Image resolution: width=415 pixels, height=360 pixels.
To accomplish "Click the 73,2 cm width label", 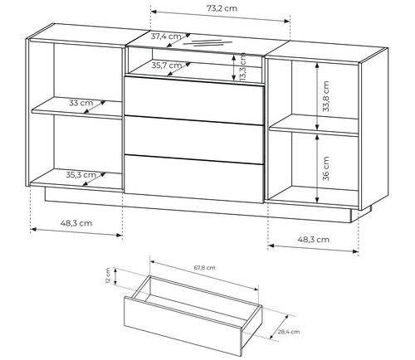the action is point(222,8).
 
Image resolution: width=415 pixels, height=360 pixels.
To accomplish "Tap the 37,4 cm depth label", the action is point(166,36).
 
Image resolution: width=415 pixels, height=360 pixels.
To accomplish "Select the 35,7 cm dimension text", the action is point(167,66).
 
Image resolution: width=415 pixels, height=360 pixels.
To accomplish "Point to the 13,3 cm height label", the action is point(243,67).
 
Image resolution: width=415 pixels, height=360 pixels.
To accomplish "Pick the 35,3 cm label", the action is point(81,175).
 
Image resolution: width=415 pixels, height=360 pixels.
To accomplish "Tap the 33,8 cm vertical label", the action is point(326,96).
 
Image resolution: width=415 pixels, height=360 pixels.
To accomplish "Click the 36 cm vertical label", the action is point(326,168).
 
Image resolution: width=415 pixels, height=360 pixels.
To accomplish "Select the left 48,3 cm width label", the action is point(76,223).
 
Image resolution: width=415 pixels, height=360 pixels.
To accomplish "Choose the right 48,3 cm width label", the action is point(314,240).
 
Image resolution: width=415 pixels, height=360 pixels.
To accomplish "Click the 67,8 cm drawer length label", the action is point(204,268).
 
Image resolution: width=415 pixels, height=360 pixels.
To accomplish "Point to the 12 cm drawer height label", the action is point(108,275).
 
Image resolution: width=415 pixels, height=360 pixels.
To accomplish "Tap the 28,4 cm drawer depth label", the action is point(289,332).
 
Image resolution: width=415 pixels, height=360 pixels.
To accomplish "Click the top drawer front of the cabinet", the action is point(194,100).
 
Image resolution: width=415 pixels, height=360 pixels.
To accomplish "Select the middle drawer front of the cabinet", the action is point(194,140).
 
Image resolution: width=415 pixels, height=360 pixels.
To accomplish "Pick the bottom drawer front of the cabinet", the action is point(194,179).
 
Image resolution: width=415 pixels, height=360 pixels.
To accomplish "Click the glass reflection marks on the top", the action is point(207,42).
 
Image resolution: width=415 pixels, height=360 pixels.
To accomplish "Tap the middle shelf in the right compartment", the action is point(314,126).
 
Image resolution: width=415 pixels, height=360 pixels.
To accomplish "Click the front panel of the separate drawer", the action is point(183,327).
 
